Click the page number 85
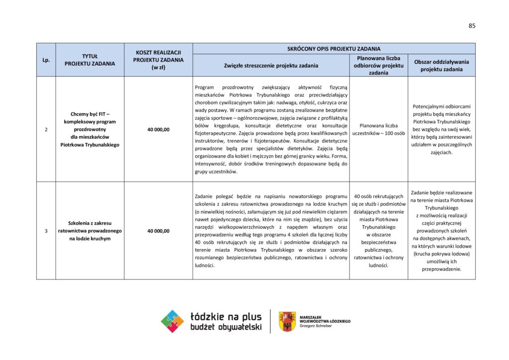click(x=472, y=26)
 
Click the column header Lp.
click(x=46, y=60)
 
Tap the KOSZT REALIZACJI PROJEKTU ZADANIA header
click(x=158, y=60)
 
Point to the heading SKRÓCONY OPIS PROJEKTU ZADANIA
click(x=334, y=49)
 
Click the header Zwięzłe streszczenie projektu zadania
click(x=271, y=65)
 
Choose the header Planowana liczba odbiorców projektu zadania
click(x=379, y=65)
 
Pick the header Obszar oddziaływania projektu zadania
click(x=441, y=65)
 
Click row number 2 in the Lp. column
click(x=46, y=129)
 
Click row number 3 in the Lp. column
click(x=46, y=231)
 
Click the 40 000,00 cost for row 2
click(x=158, y=129)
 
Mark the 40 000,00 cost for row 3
click(x=158, y=231)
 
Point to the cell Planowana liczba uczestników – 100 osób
click(x=379, y=129)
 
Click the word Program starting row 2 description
click(x=204, y=87)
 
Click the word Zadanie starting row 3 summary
click(x=205, y=196)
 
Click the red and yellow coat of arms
click(x=287, y=321)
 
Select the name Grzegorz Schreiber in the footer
click(x=317, y=326)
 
